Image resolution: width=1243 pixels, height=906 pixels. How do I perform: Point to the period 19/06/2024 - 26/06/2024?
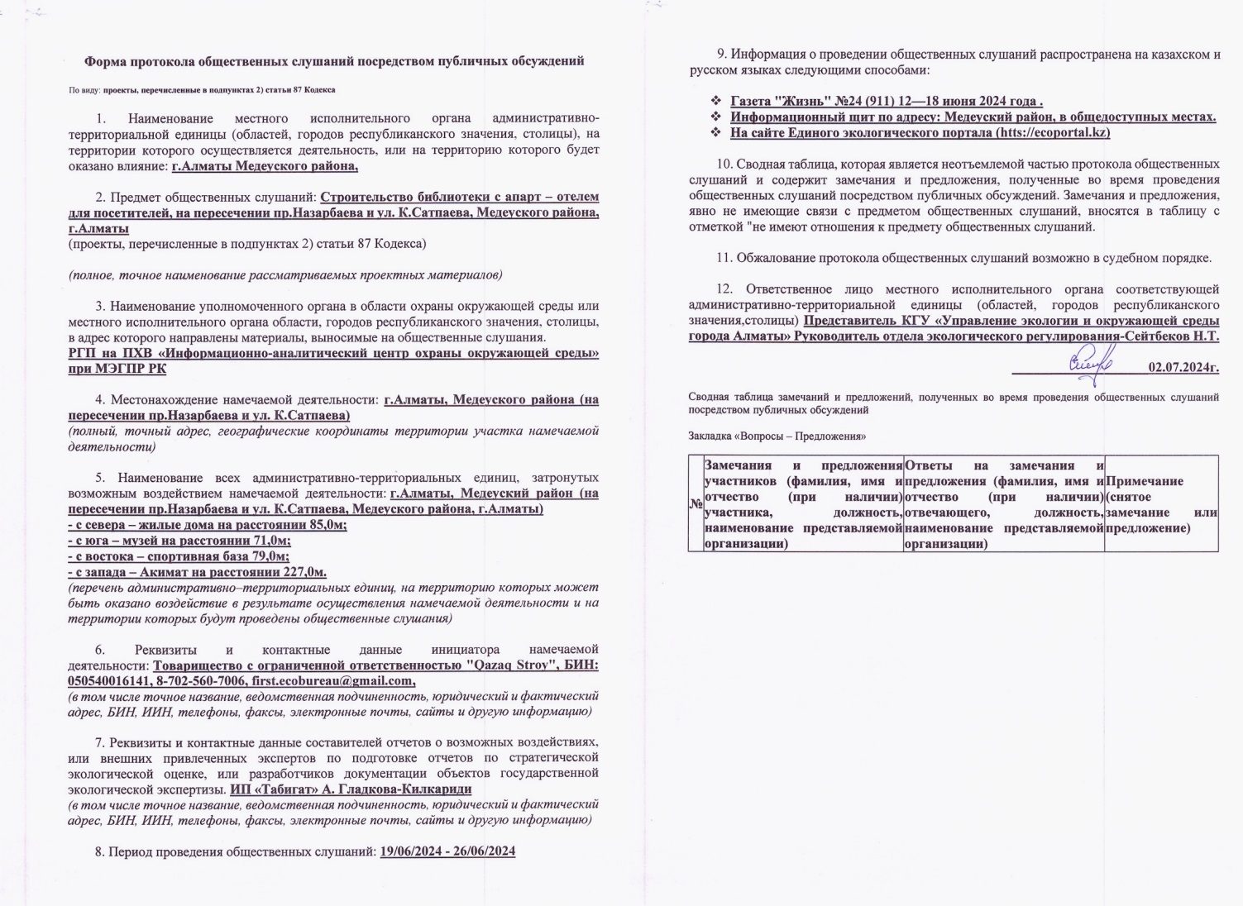[447, 851]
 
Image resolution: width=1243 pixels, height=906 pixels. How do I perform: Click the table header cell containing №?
[695, 504]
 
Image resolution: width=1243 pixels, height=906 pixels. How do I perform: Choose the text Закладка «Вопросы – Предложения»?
[777, 436]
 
